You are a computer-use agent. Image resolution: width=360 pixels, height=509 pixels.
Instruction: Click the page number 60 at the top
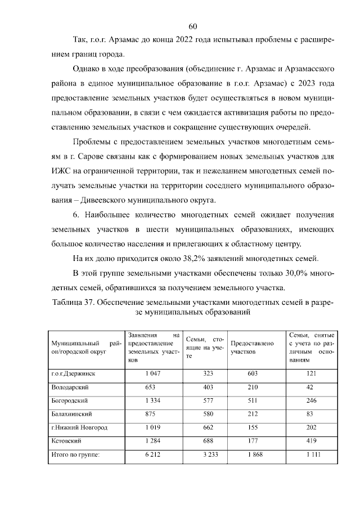(192, 26)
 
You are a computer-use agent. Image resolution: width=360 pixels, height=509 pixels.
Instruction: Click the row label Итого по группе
(75, 455)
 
